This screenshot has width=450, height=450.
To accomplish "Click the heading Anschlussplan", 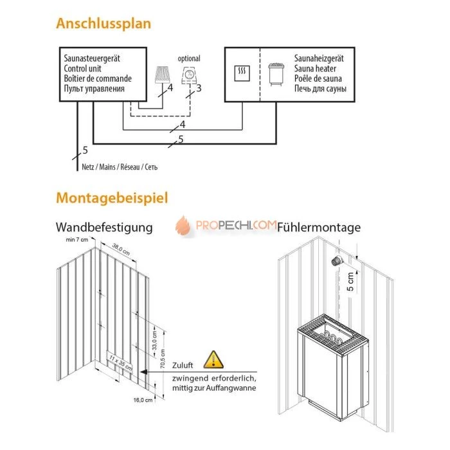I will click(x=104, y=24).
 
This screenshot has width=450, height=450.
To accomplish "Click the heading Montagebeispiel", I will click(x=112, y=197).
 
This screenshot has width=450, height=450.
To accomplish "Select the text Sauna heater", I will click(x=315, y=67).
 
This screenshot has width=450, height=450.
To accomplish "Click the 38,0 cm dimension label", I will click(x=122, y=246).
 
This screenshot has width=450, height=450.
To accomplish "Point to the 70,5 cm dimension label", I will click(x=162, y=355).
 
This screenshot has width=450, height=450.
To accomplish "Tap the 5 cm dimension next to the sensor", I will click(x=349, y=280).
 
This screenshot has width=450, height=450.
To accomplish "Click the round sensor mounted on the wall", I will click(x=335, y=262).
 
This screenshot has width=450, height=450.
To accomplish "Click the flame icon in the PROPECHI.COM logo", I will click(x=184, y=226).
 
